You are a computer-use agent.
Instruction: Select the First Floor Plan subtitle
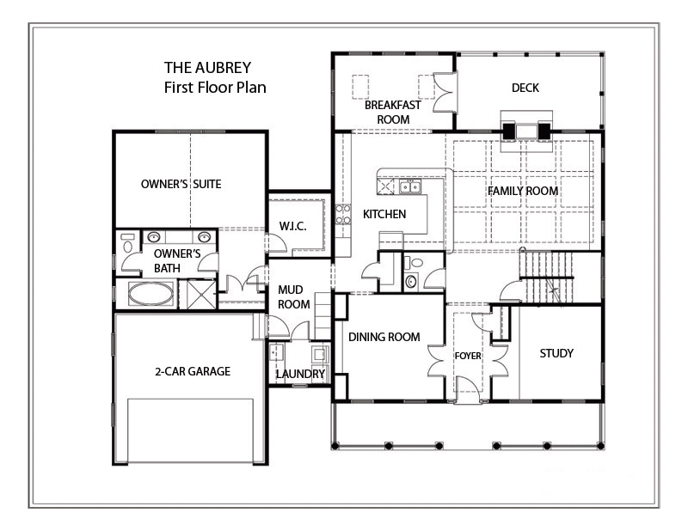pos(215,87)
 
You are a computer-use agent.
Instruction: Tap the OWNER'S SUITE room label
pos(181,184)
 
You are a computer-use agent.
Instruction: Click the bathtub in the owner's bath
pos(150,294)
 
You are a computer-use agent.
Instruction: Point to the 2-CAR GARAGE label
pos(193,372)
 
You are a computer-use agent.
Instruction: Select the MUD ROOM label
pos(293,296)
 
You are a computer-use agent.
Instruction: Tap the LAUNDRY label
pos(300,375)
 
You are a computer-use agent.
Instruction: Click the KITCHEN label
pos(384,214)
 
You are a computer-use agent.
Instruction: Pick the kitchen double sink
pos(409,186)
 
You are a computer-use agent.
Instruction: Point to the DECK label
pos(525,88)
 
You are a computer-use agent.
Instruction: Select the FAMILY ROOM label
pos(523,191)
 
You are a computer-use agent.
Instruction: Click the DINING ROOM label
pos(384,337)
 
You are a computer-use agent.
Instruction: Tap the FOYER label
pos(468,356)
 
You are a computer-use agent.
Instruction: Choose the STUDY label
pos(556,353)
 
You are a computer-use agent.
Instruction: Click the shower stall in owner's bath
pos(200,294)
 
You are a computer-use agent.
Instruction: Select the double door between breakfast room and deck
pos(443,92)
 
